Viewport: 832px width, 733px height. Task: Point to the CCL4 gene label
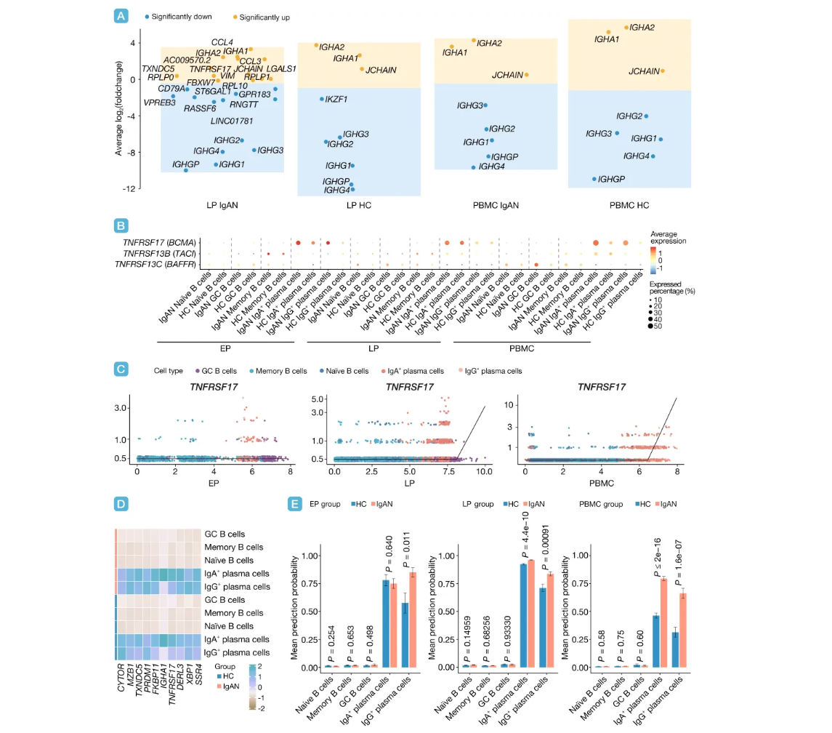pyautogui.click(x=222, y=42)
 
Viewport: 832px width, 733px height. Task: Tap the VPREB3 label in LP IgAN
pyautogui.click(x=160, y=103)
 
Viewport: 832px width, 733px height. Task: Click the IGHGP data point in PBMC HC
pyautogui.click(x=594, y=179)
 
